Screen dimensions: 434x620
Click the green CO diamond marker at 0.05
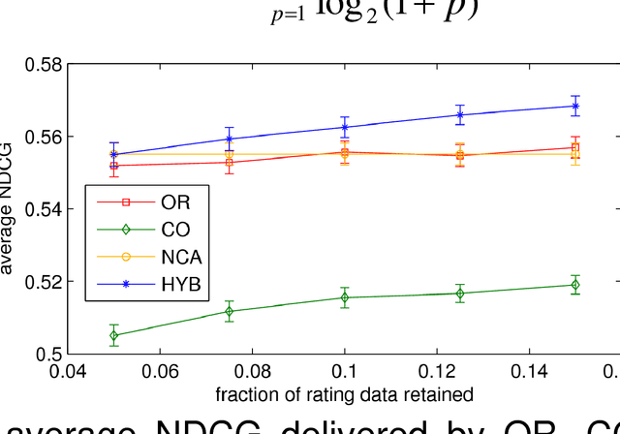114,335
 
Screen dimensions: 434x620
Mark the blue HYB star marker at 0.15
575,106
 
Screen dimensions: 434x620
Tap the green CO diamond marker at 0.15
575,285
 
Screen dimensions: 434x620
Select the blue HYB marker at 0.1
345,127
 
